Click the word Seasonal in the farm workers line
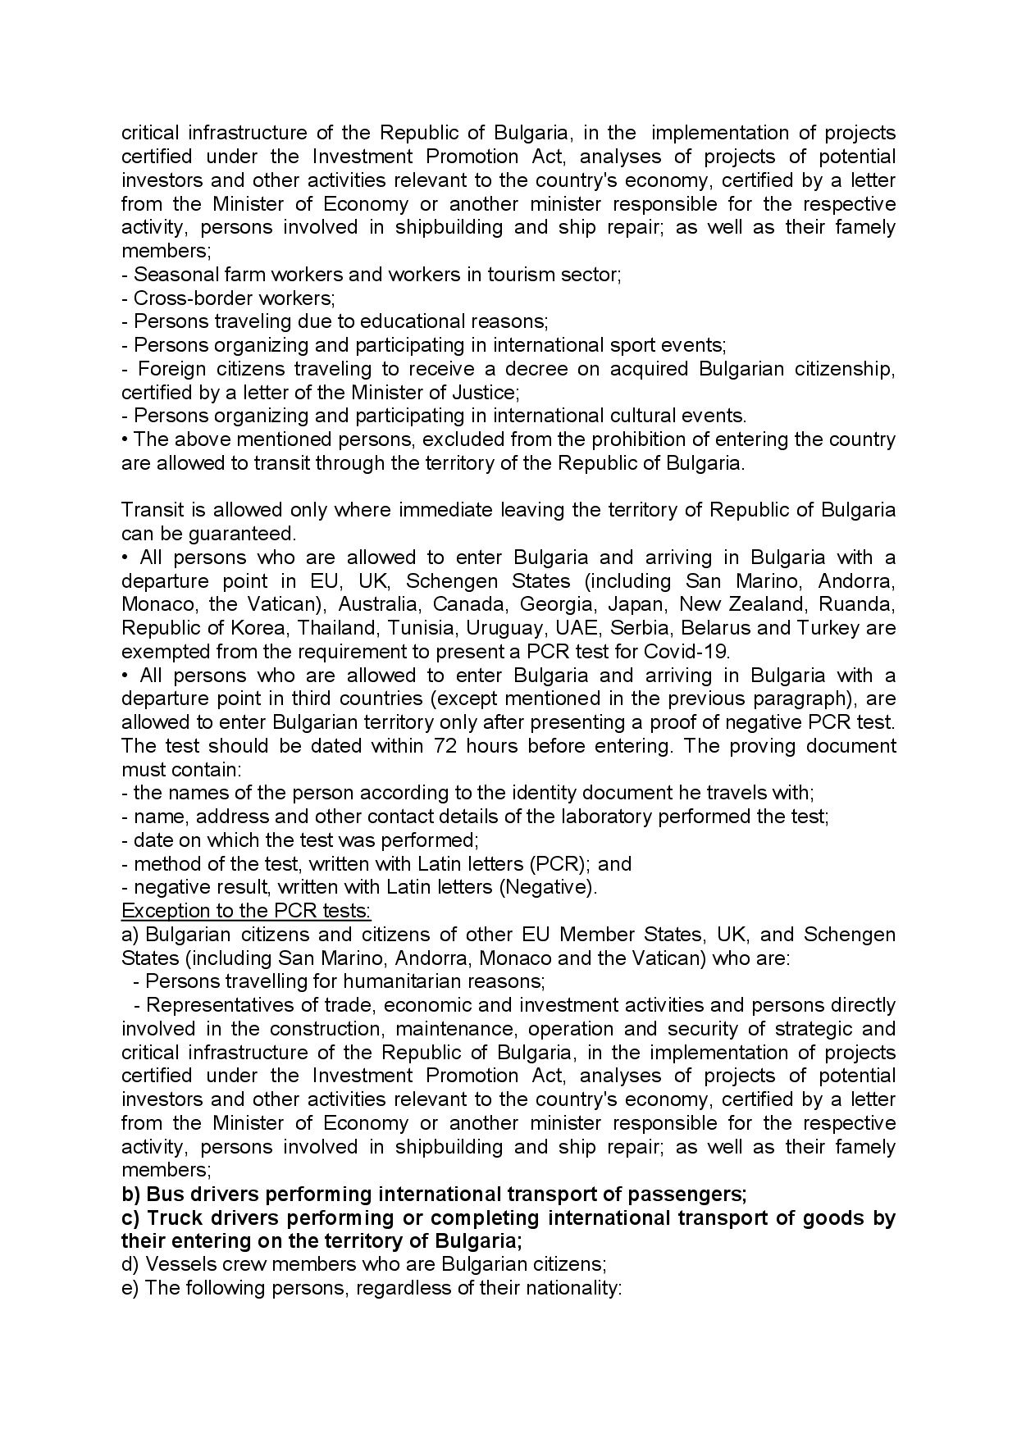coord(171,275)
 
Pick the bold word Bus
coord(162,1194)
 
